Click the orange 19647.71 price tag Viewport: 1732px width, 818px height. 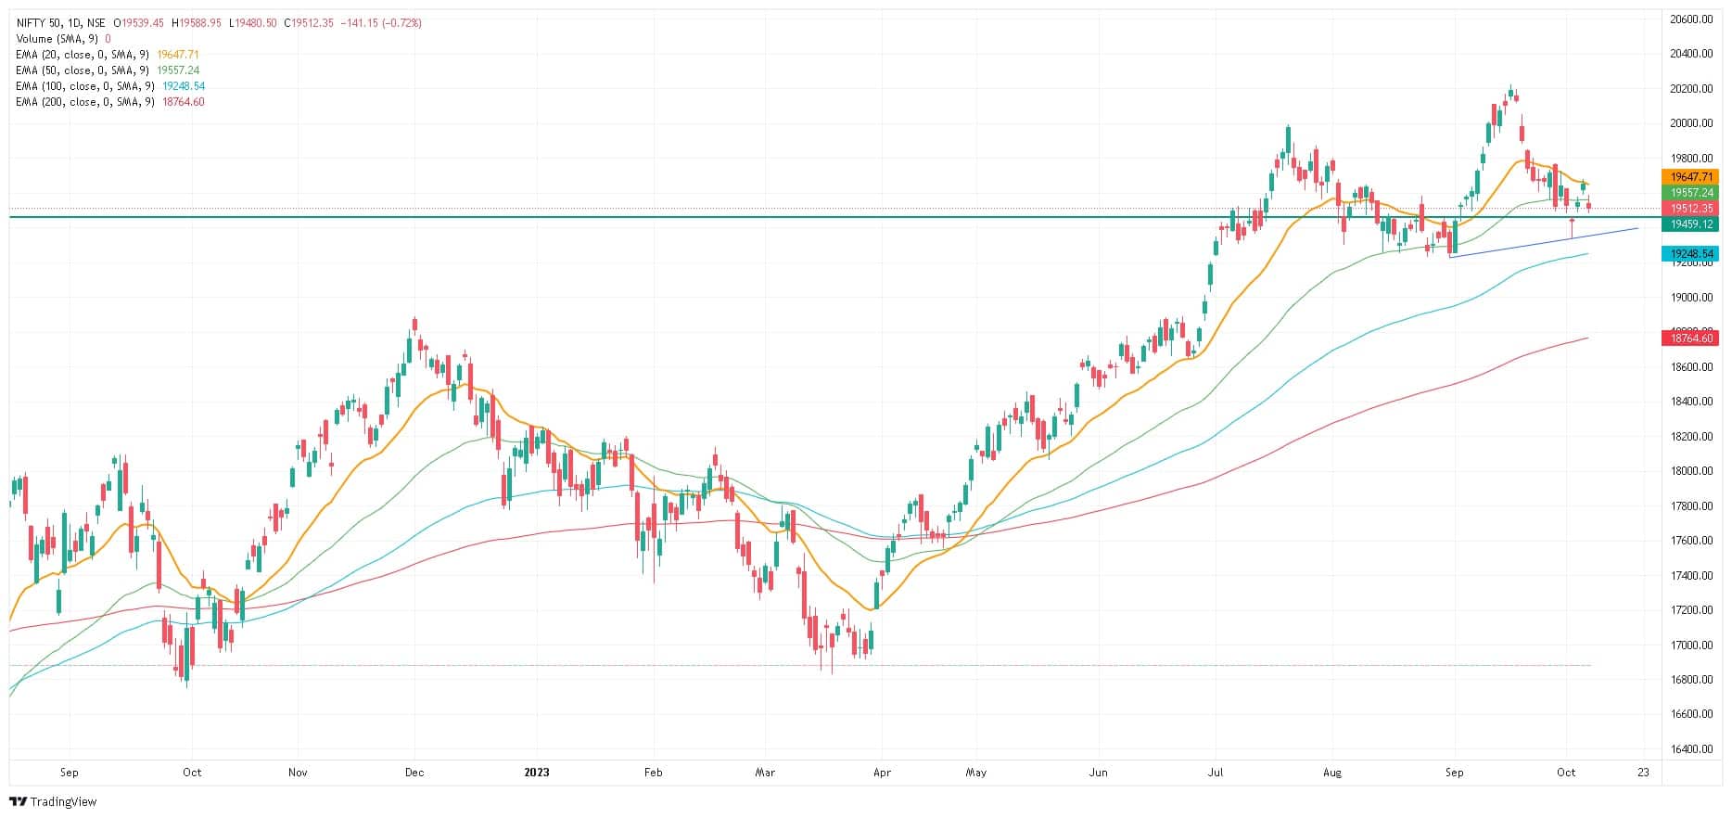pyautogui.click(x=1691, y=177)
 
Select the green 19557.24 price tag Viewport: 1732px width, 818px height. pyautogui.click(x=1691, y=193)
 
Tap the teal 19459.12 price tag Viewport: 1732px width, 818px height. pyautogui.click(x=1691, y=224)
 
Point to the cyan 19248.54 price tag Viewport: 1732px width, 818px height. pyautogui.click(x=1691, y=254)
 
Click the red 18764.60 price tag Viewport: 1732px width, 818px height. pyautogui.click(x=1691, y=339)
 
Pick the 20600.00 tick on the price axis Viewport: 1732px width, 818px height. pyautogui.click(x=1691, y=19)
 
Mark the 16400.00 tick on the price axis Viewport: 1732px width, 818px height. pyautogui.click(x=1691, y=749)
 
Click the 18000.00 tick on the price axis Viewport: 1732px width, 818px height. pyautogui.click(x=1691, y=471)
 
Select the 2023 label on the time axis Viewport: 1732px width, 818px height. pyautogui.click(x=537, y=773)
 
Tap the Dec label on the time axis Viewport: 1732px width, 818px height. pyautogui.click(x=414, y=773)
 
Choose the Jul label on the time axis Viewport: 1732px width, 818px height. pyautogui.click(x=1215, y=773)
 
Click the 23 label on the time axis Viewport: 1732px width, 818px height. pyautogui.click(x=1643, y=773)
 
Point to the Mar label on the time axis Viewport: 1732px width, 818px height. pyautogui.click(x=765, y=773)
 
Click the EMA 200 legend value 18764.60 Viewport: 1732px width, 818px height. pyautogui.click(x=183, y=102)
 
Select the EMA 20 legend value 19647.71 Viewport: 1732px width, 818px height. pyautogui.click(x=178, y=55)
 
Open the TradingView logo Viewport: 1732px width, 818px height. pyautogui.click(x=53, y=801)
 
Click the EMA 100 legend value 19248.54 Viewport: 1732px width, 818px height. pyautogui.click(x=183, y=86)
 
